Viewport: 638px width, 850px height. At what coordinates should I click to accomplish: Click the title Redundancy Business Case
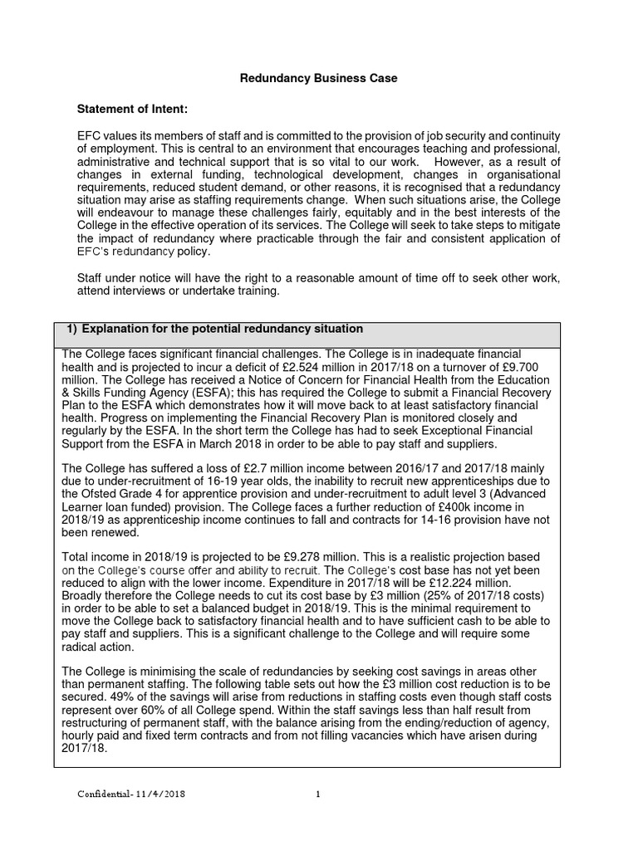pos(318,79)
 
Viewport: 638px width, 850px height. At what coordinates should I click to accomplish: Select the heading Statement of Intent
pos(132,109)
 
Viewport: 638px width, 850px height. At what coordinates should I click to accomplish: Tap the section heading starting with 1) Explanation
pos(214,330)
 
